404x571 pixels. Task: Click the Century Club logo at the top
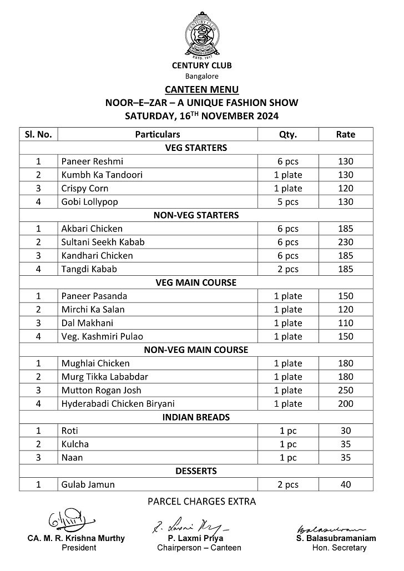(201, 34)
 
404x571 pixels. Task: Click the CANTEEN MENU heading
(201, 89)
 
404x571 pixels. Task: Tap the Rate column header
(346, 134)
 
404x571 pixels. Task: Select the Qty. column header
(288, 134)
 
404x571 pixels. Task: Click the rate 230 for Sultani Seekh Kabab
(346, 242)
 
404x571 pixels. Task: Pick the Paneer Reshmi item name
(92, 161)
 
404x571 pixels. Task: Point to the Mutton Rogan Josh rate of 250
(346, 390)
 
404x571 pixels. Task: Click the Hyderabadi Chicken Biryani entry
(118, 403)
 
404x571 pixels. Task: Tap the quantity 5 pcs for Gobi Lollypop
(288, 202)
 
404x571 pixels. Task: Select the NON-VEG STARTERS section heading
(196, 215)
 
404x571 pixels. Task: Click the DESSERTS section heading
(196, 471)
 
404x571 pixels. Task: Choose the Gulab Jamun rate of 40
(346, 484)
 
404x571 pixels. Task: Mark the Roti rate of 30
(346, 431)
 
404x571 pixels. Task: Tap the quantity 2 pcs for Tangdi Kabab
(288, 269)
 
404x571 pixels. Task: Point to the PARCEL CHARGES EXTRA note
(201, 502)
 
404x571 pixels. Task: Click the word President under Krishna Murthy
(79, 548)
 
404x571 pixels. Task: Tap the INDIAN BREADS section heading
(196, 417)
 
